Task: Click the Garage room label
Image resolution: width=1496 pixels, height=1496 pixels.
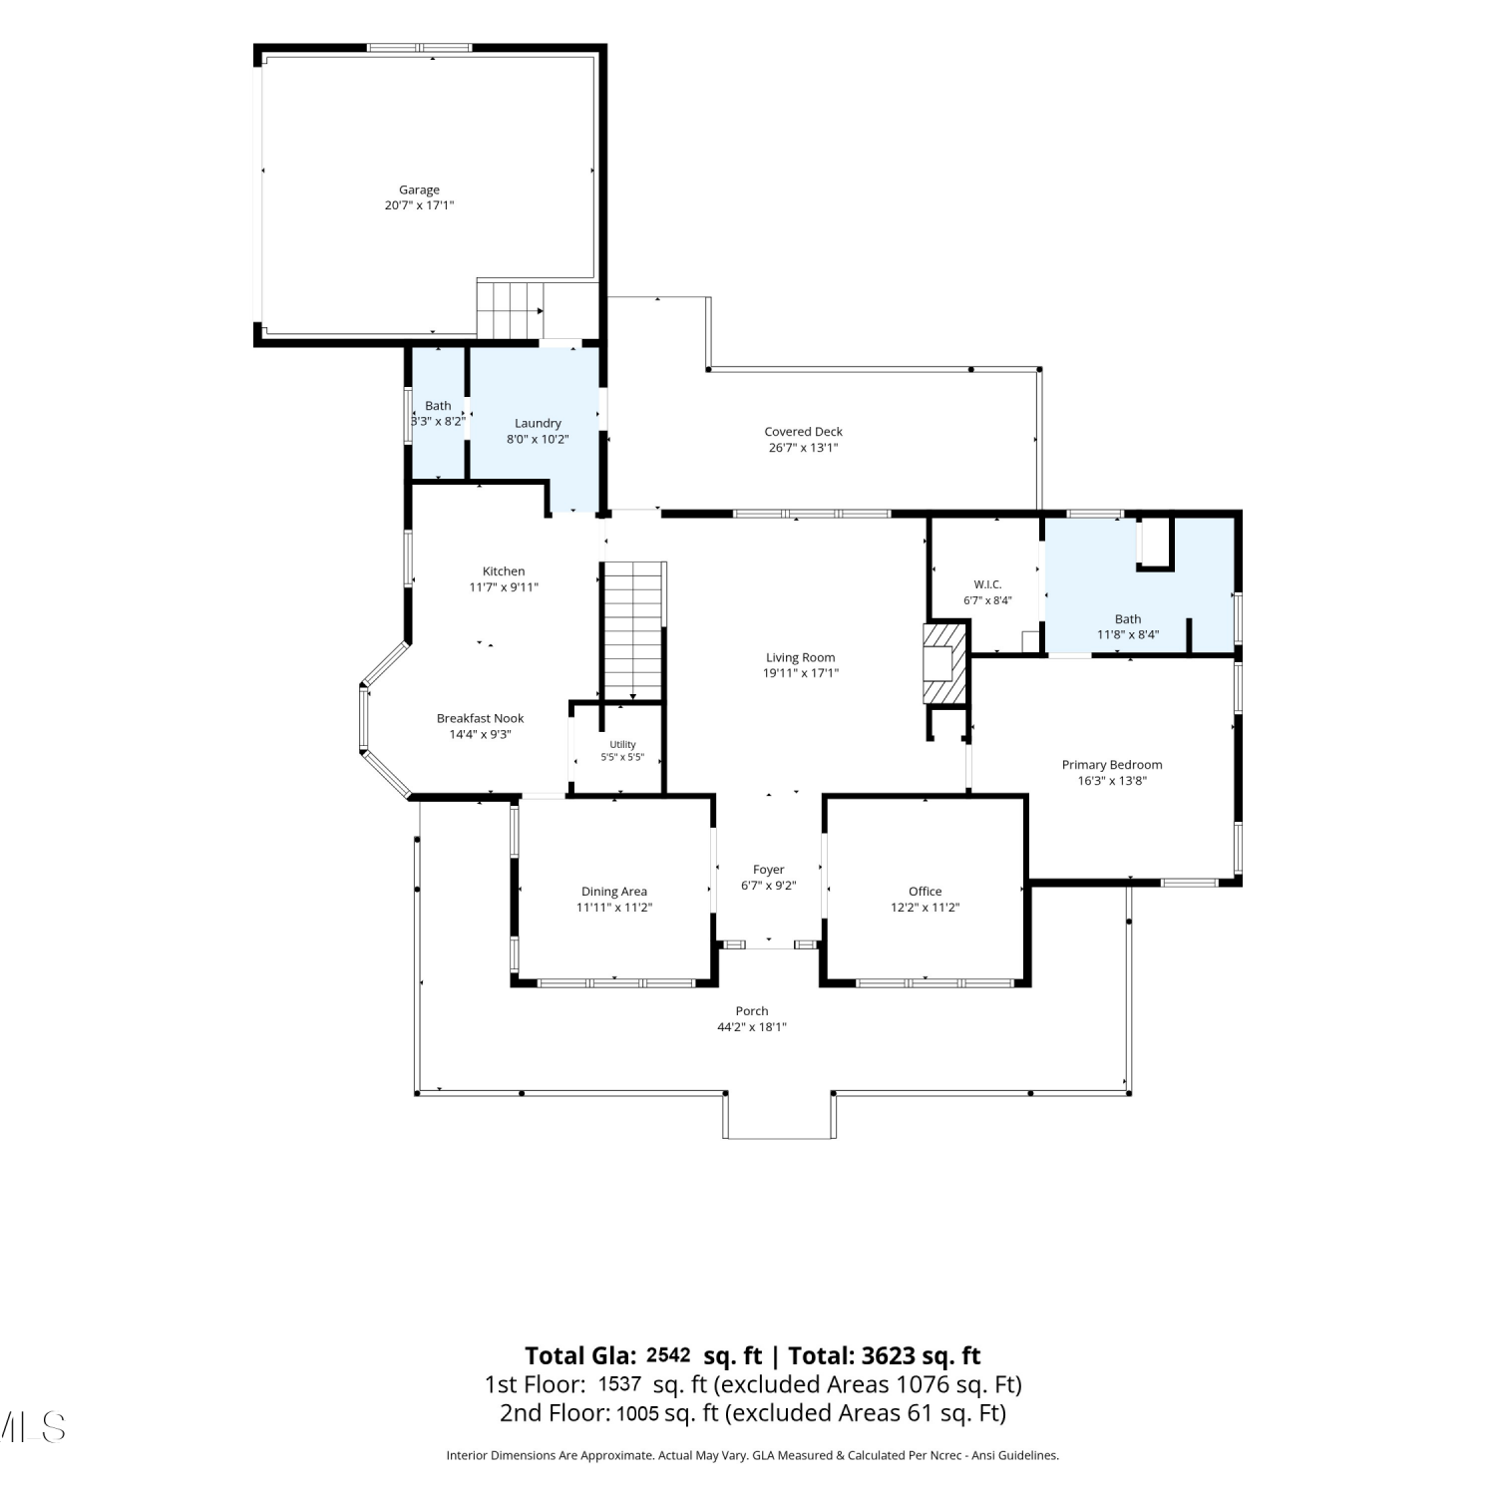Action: click(x=419, y=189)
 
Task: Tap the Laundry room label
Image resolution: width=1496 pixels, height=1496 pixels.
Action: click(x=538, y=423)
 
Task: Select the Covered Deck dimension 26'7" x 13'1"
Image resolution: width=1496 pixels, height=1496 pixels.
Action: click(x=803, y=448)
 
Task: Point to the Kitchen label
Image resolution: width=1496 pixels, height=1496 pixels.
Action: click(x=504, y=571)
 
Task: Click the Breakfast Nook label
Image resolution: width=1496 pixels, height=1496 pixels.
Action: click(x=480, y=718)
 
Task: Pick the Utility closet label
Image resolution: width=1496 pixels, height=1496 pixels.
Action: click(x=622, y=745)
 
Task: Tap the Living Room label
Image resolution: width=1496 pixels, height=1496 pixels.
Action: click(x=800, y=657)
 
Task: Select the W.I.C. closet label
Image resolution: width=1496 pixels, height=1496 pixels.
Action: click(x=987, y=584)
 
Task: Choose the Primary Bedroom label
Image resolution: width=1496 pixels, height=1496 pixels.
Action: click(x=1112, y=765)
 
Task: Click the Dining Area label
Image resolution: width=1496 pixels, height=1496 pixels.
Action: click(x=614, y=892)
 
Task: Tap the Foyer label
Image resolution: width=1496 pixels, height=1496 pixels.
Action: click(x=768, y=870)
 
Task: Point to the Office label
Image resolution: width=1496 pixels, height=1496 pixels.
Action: click(x=925, y=892)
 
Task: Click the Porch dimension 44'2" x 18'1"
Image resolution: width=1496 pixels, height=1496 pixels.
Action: click(x=752, y=1027)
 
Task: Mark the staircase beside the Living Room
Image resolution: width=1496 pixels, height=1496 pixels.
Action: click(x=633, y=631)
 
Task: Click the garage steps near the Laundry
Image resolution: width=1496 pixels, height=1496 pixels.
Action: click(x=511, y=310)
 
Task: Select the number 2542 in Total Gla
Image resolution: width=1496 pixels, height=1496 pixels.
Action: click(x=668, y=1355)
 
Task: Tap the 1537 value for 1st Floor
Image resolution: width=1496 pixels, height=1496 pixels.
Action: click(x=619, y=1384)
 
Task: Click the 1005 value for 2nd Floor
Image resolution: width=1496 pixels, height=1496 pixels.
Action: click(x=638, y=1413)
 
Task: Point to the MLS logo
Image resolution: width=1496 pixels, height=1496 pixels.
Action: click(x=33, y=1427)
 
